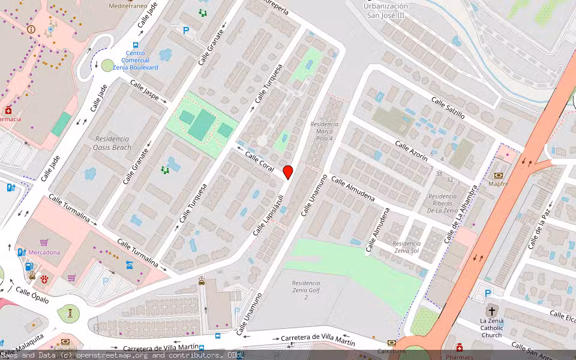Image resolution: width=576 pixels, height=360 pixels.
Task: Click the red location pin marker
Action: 288,171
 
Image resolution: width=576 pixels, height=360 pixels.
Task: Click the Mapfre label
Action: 498,184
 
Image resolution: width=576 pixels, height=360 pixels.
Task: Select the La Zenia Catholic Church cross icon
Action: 492,311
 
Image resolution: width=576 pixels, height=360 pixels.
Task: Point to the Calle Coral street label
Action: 259,161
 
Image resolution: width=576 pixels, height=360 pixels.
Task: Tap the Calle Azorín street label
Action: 411,150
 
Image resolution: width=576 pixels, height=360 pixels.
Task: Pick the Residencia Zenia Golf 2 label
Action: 306,290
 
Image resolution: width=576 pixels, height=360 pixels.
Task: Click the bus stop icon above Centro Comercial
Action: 136,45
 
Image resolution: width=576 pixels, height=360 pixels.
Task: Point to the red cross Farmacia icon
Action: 8,110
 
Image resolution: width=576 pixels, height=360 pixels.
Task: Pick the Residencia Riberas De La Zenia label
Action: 443,203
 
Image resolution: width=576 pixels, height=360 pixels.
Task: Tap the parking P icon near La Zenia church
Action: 488,293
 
